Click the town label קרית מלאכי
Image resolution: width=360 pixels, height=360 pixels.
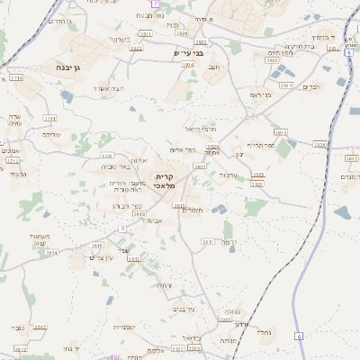click(x=165, y=179)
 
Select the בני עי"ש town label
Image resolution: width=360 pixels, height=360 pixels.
click(x=188, y=54)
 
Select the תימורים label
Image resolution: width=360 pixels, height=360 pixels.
click(x=193, y=210)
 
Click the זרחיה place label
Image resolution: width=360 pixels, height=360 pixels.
click(x=165, y=285)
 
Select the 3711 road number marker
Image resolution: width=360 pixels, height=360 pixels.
click(x=50, y=118)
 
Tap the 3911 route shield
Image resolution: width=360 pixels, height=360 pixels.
click(x=208, y=242)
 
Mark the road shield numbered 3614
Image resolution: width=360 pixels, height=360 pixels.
click(x=51, y=253)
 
